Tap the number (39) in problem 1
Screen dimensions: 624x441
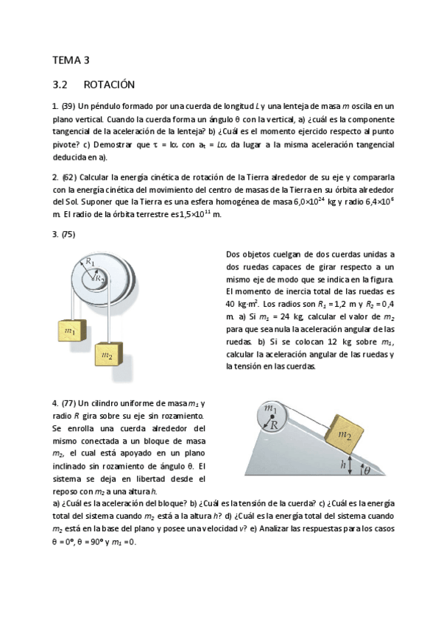(68, 107)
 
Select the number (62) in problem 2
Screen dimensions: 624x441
(68, 178)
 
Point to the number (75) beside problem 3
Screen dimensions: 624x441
(68, 235)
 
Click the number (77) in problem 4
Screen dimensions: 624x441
(68, 403)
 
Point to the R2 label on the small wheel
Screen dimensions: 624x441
(99, 278)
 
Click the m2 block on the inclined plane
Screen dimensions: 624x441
(344, 434)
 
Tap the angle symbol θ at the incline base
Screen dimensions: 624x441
(366, 472)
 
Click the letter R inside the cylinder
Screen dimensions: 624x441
(273, 425)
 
